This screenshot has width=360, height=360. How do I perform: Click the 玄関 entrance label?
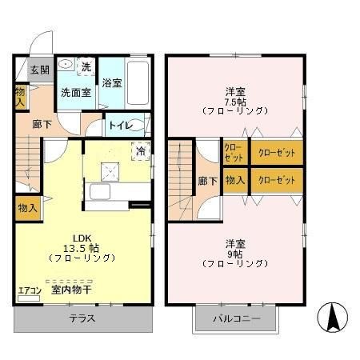40,70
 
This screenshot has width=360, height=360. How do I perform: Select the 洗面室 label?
77,92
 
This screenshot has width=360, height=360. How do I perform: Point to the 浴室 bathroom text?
112,82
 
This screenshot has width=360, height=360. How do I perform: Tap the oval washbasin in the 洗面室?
66,66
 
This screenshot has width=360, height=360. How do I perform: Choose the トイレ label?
120,125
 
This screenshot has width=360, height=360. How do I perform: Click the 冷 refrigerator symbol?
141,150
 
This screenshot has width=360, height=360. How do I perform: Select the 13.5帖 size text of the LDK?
83,247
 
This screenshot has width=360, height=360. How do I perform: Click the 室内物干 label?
71,291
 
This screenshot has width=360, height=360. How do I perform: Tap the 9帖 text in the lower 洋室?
234,253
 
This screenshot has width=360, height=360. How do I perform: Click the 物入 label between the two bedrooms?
234,180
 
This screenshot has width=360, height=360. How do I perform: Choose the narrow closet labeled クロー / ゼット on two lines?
234,152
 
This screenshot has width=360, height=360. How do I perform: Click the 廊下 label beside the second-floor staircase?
206,181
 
